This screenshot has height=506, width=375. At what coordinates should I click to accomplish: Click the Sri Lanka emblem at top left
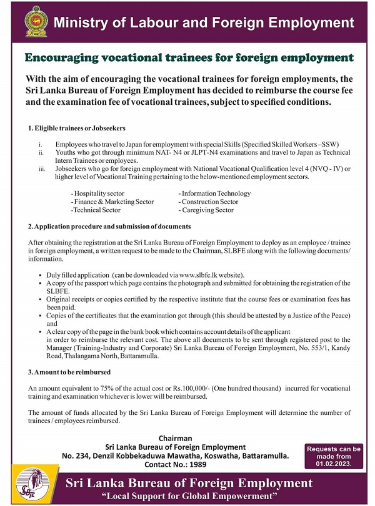35,22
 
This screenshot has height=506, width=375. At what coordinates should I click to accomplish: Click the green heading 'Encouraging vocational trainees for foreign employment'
189,58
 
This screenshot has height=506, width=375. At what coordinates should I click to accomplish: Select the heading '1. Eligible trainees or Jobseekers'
76,128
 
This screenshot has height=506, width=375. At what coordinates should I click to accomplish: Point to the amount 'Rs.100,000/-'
206,388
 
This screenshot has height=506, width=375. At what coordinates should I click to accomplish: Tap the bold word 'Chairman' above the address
175,439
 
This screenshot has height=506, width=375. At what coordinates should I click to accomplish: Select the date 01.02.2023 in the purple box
334,464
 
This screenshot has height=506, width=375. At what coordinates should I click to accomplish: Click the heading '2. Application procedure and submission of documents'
109,226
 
